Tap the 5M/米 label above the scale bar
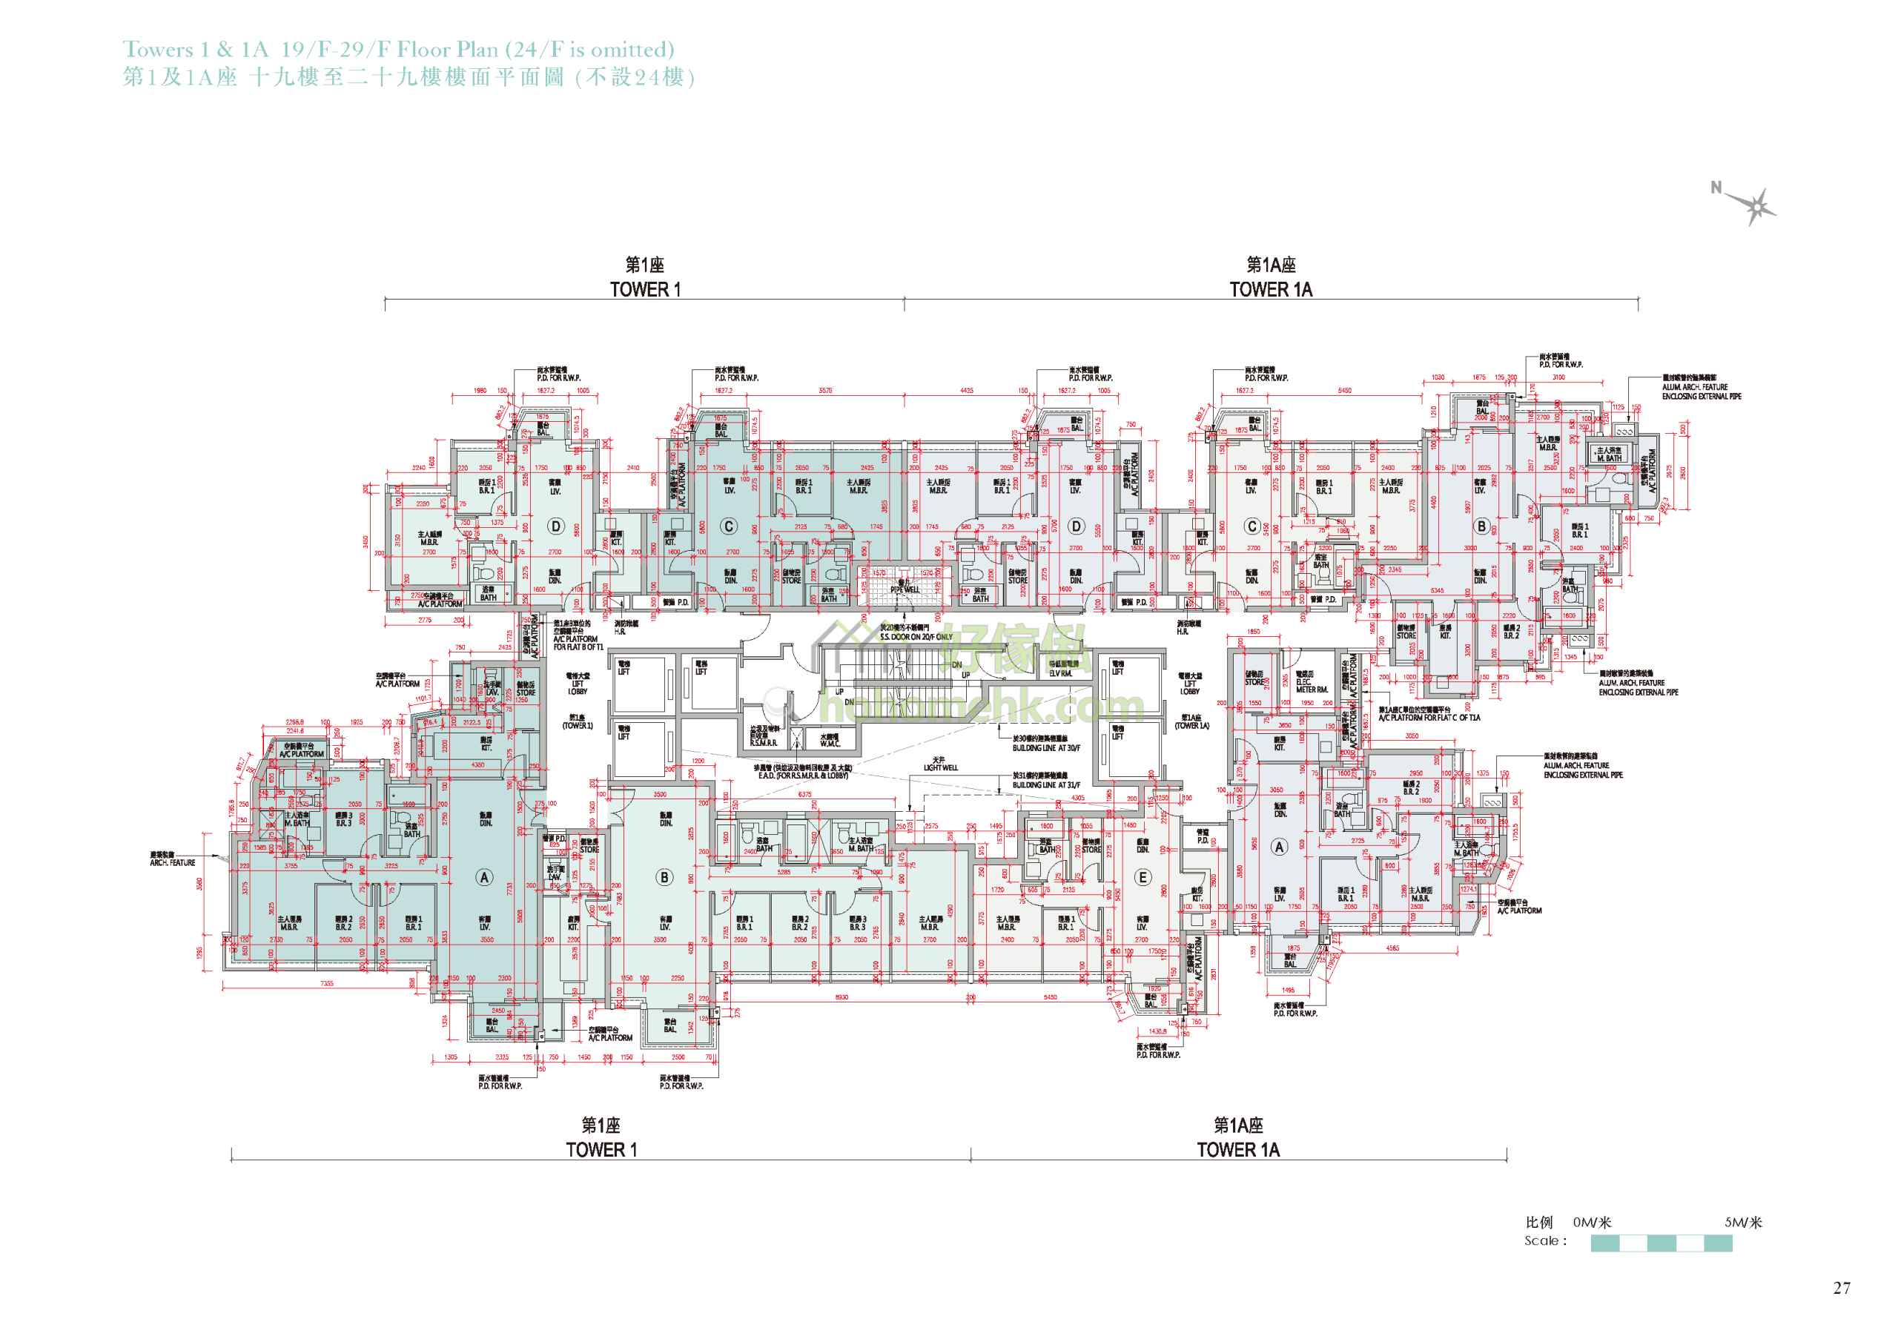tap(1742, 1222)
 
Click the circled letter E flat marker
tap(1143, 877)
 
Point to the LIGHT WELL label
tap(941, 767)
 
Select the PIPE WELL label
tap(905, 589)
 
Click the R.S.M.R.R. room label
tap(763, 742)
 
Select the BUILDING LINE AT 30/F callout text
tap(1045, 747)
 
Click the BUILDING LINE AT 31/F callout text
tap(1045, 784)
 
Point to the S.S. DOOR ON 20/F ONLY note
tap(916, 637)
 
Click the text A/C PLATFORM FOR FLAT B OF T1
tap(578, 643)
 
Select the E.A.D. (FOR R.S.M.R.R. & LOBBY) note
tap(803, 776)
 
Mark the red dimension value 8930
tap(841, 997)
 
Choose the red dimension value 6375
tap(804, 795)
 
